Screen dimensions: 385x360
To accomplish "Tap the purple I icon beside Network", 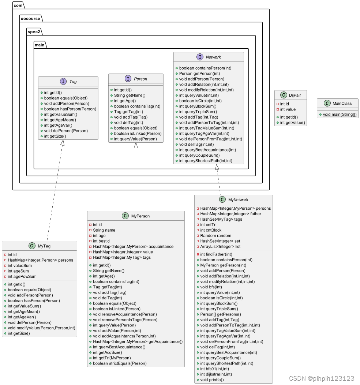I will tap(200, 57).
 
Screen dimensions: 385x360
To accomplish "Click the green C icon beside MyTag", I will tap(32, 246).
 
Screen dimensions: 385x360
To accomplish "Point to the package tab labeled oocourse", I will tap(31, 19).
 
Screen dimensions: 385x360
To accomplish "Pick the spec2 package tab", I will tap(35, 32).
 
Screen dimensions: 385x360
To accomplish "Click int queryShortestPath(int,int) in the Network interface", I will tap(205, 161).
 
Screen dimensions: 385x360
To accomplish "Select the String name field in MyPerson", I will tap(104, 230).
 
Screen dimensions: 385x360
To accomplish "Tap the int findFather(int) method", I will tap(216, 254).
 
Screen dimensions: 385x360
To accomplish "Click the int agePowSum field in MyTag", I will tap(22, 277).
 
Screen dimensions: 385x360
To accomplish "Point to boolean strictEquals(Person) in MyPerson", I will tap(120, 363).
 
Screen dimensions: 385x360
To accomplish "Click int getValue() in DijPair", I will tap(292, 123).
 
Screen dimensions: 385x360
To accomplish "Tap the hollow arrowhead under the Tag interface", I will tap(63, 143).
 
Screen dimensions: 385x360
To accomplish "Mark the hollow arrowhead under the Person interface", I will tap(136, 146).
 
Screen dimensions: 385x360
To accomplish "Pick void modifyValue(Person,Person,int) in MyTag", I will tap(41, 328).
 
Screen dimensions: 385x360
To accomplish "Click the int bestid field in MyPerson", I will tap(101, 241).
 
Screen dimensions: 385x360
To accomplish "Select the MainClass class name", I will tap(342, 104).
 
